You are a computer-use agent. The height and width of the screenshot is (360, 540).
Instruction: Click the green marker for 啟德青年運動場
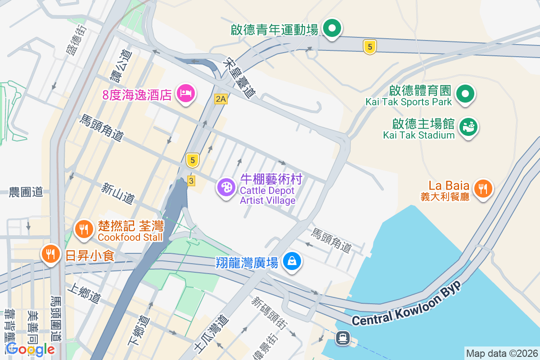pos(332,29)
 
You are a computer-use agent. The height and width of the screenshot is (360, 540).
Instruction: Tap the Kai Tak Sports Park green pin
pos(465,94)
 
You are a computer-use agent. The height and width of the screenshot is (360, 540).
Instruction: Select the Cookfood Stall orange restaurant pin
pos(83,229)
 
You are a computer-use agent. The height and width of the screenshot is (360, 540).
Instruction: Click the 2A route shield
pos(220,99)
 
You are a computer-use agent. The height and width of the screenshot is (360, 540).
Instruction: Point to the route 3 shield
pos(191,180)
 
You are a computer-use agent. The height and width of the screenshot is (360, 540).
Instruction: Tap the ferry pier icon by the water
pos(343,337)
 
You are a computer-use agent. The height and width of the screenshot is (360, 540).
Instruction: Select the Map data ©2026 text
pos(502,353)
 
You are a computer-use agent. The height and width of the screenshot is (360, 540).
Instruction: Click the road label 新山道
pos(118,192)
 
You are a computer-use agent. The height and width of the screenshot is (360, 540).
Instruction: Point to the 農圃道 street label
pos(26,192)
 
